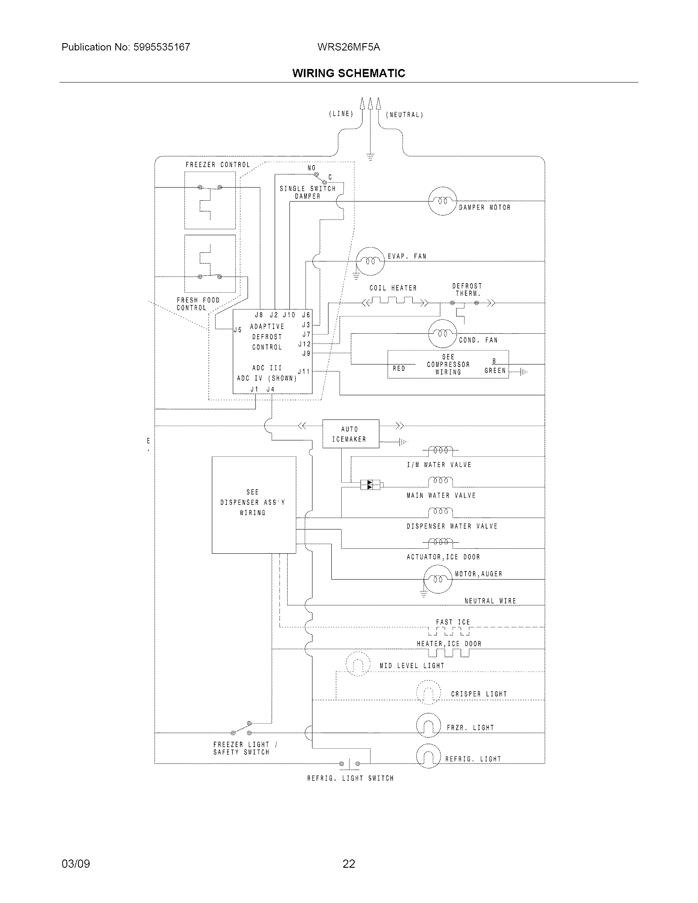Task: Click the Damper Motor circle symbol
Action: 442,202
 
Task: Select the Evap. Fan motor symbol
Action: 370,261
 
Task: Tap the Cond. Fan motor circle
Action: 442,334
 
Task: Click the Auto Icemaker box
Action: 350,434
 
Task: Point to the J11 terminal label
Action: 304,372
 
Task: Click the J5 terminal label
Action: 238,330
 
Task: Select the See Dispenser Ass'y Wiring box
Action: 253,504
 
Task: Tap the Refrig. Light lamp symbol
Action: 428,756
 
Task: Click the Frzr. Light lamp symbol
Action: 428,725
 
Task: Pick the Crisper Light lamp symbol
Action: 428,692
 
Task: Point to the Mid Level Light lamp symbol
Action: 358,664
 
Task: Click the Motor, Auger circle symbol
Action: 438,579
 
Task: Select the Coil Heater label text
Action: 393,288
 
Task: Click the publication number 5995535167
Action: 162,47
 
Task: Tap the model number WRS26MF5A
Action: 349,47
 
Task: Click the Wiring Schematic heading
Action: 349,73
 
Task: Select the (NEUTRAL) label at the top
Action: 404,115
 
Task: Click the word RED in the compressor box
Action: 399,369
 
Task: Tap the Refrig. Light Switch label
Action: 350,778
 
